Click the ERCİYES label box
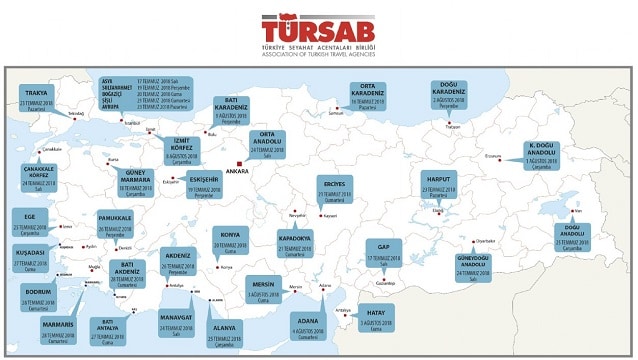click(x=331, y=187)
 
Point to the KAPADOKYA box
click(x=297, y=243)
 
